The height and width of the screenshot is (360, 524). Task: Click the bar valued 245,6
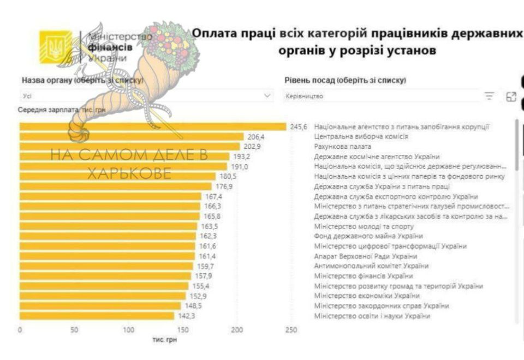(x=153, y=127)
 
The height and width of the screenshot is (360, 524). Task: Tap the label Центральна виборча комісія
(x=361, y=136)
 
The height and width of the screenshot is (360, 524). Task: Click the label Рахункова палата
(x=343, y=147)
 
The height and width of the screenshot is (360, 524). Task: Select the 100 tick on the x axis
(x=128, y=329)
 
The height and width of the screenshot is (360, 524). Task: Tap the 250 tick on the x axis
(x=291, y=329)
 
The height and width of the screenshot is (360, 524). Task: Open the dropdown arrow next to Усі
(x=267, y=96)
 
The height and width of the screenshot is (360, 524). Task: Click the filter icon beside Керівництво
(x=489, y=97)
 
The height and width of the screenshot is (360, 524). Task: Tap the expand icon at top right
(x=511, y=97)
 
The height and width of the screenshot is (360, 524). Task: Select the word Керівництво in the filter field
(x=305, y=97)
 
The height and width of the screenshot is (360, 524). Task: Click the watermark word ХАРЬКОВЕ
(x=129, y=174)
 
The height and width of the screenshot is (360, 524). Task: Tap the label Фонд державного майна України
(x=368, y=236)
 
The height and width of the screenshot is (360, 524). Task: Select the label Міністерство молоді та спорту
(x=364, y=226)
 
